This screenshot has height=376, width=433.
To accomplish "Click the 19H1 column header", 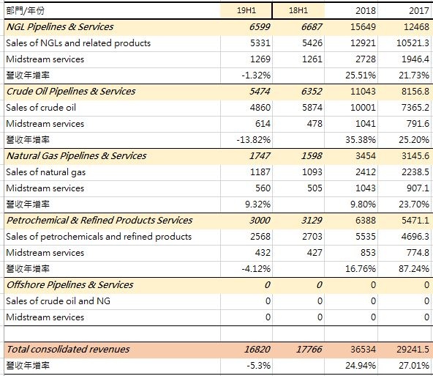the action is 246,10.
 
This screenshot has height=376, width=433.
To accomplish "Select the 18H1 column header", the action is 298,10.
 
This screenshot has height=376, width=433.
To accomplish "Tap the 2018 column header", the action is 366,10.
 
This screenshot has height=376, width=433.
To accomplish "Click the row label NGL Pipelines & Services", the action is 60,27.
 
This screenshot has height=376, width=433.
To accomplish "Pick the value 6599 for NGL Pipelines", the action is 260,27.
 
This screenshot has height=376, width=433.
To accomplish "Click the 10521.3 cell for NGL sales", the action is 413,43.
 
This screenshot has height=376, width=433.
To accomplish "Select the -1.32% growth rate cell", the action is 256,75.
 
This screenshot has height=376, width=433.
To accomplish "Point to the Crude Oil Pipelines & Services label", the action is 71,92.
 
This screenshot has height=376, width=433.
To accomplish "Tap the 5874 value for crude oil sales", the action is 312,107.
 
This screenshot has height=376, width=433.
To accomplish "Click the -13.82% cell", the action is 254,140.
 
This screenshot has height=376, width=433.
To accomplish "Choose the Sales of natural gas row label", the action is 46,172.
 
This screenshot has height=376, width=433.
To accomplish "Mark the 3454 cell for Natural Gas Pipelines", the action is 366,156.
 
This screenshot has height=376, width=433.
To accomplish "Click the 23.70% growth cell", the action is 414,204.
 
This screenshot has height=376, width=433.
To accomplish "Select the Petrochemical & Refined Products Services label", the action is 99,220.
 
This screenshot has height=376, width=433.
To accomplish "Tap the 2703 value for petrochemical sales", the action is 312,237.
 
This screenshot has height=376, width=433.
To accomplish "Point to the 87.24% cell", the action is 414,269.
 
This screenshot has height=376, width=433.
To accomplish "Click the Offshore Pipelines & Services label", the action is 69,284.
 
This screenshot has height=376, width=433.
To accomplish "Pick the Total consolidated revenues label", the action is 68,349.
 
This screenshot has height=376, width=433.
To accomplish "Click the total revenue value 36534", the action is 363,350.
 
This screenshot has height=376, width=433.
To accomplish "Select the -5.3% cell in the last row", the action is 258,366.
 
